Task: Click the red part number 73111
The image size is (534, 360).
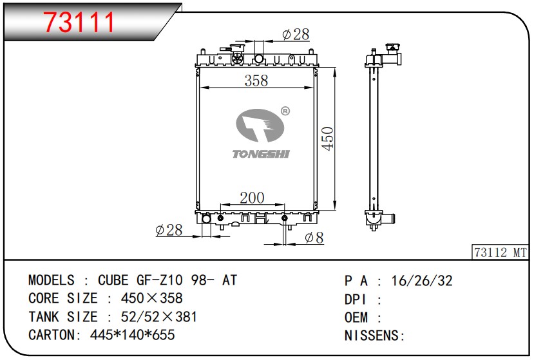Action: tap(79, 22)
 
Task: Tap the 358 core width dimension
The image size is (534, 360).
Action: tap(256, 81)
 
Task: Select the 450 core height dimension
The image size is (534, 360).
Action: tap(328, 138)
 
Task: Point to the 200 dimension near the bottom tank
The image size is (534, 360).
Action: tap(252, 198)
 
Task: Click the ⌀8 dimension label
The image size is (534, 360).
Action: tap(314, 238)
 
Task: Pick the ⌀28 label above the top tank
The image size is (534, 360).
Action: tap(296, 34)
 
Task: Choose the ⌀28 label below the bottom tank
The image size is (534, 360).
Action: tap(169, 230)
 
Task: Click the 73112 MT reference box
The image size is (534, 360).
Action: tap(501, 252)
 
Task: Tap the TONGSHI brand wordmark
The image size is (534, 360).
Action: tap(261, 154)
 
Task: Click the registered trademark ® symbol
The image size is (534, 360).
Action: tap(285, 111)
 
